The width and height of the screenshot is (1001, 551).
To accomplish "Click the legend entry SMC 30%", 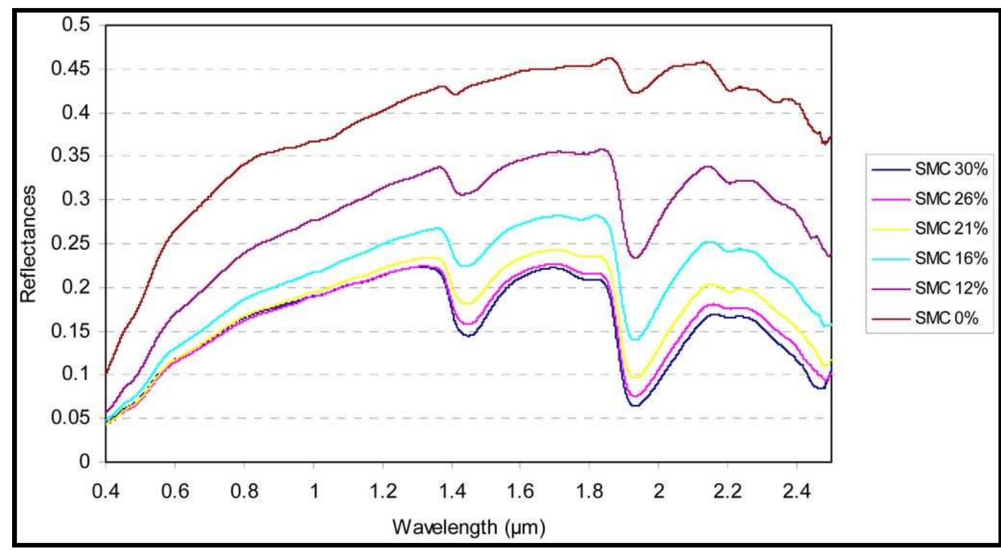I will point(950,169).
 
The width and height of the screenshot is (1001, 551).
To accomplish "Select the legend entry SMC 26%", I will point(950,199).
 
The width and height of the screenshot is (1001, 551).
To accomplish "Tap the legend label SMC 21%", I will point(950,228).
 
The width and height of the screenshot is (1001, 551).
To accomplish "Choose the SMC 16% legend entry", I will point(950,258).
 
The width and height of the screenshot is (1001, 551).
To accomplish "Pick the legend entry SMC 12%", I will point(950,288).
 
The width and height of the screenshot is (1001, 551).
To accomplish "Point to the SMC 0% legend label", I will point(946,318).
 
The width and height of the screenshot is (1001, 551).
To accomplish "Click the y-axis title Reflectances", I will point(28,244).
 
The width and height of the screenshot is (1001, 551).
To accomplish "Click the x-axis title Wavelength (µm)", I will point(469,527).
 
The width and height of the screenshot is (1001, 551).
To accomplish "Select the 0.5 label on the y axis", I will point(75,24).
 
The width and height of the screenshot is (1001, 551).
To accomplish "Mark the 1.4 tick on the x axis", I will point(452,491).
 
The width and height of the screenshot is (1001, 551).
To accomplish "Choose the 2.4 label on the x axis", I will point(796,491).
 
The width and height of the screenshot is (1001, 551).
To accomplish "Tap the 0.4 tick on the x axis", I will point(106,491).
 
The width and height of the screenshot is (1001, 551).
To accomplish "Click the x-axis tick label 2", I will point(658,491).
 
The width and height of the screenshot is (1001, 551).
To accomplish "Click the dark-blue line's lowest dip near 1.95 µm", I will point(636,405).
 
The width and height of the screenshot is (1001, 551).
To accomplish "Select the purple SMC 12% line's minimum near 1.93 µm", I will point(635,258).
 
